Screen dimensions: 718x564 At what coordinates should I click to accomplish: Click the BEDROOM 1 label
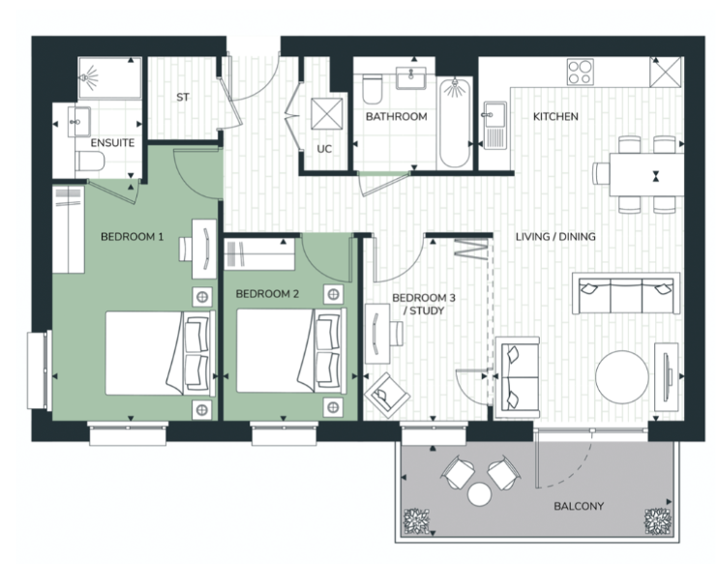coord(132,237)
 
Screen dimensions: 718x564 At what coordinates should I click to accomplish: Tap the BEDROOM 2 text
coord(267,294)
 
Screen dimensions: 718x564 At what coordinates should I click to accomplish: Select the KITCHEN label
coord(555,117)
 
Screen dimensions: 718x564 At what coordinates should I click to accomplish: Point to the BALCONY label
coord(579,506)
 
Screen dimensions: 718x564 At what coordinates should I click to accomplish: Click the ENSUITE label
coord(112,143)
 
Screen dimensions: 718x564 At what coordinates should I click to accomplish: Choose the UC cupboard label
coord(324,149)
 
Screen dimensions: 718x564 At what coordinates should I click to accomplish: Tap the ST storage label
coord(183,97)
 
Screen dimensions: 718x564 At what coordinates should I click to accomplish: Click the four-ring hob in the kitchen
coord(580,72)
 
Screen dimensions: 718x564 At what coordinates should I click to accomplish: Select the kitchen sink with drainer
coord(494,126)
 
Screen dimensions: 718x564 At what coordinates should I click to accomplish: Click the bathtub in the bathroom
coord(454,123)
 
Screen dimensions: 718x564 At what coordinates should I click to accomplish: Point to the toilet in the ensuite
coord(90,162)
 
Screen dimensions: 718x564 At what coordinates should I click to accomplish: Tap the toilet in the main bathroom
coord(372,89)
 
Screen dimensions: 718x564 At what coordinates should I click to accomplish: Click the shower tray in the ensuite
coord(109,77)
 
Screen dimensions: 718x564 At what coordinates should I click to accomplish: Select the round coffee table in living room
coord(622,377)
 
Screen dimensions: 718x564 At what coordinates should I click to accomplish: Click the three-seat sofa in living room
coord(626,293)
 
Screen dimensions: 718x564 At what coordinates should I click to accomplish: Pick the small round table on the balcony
coord(479,494)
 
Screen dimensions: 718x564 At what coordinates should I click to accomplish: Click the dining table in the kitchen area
coord(646,175)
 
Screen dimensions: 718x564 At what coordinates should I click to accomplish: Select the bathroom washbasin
coord(411,77)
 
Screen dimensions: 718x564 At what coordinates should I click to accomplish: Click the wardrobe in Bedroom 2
coord(259,254)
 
